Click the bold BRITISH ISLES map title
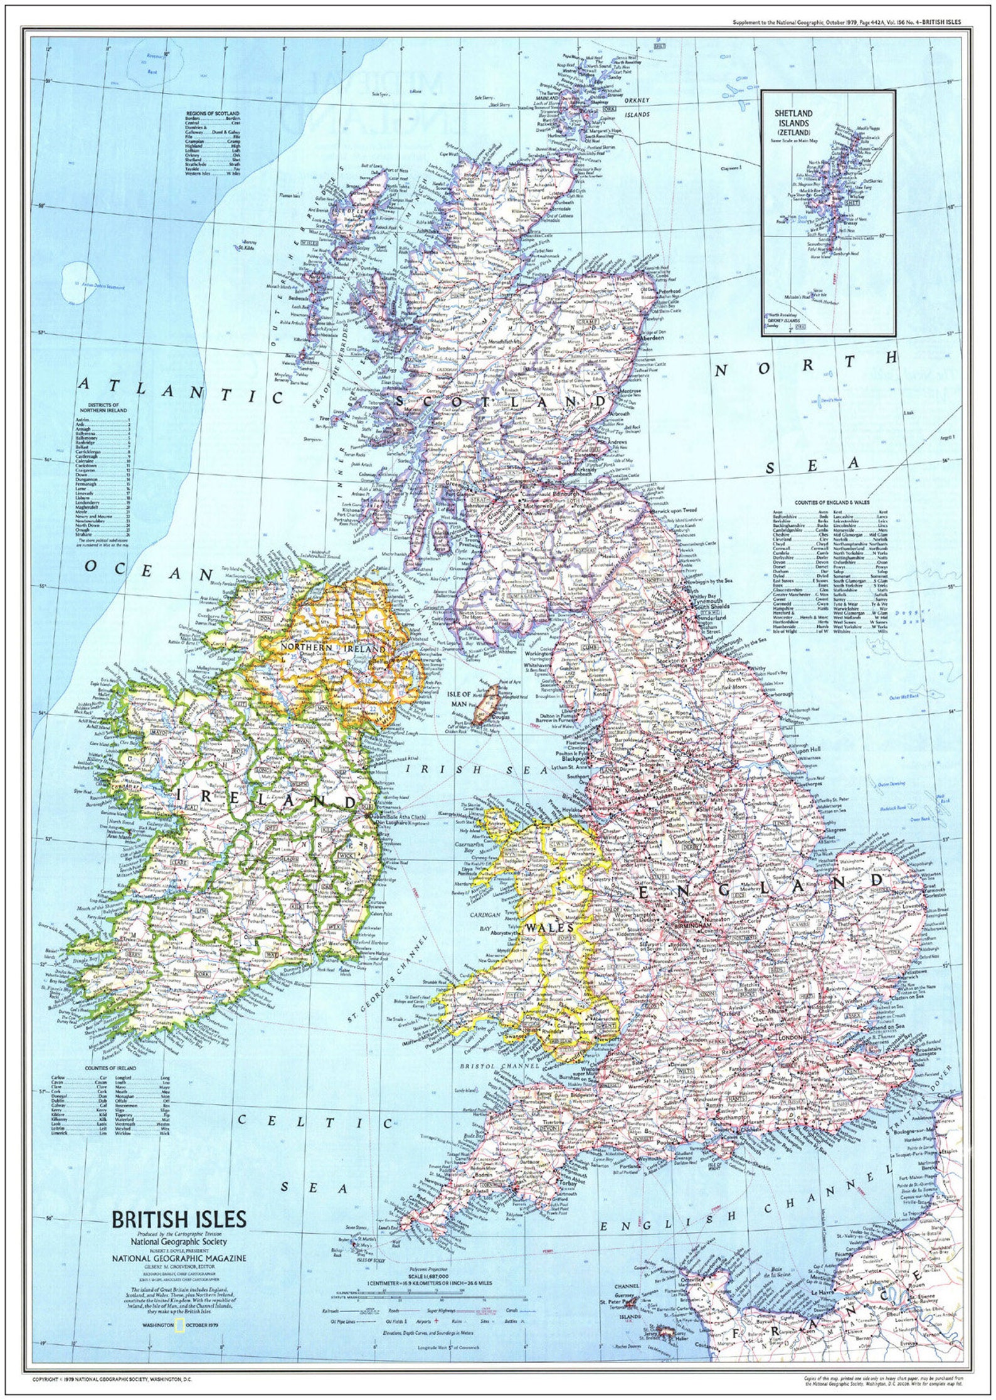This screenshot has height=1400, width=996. [x=179, y=1219]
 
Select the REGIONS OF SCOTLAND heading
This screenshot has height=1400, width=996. [x=213, y=114]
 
